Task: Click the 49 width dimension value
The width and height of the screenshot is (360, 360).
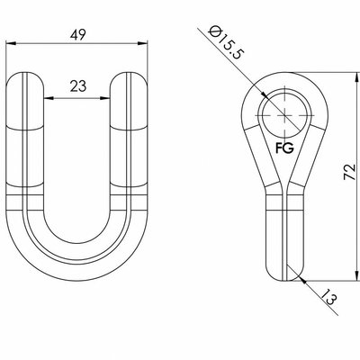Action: (x=78, y=35)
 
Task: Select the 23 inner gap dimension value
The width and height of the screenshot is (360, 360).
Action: (x=78, y=86)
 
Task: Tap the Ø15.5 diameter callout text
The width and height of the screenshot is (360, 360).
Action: (x=227, y=42)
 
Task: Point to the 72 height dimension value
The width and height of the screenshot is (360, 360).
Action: (x=350, y=172)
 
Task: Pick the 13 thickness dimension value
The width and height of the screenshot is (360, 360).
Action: (x=328, y=296)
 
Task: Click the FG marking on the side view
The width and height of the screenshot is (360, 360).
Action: (x=284, y=148)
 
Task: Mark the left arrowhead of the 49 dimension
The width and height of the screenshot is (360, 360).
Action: (x=11, y=44)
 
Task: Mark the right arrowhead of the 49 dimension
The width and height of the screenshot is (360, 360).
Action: (x=142, y=44)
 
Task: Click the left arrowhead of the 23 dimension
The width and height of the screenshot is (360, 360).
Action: (x=49, y=98)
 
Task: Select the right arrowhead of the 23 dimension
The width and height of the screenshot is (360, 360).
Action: (x=105, y=98)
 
